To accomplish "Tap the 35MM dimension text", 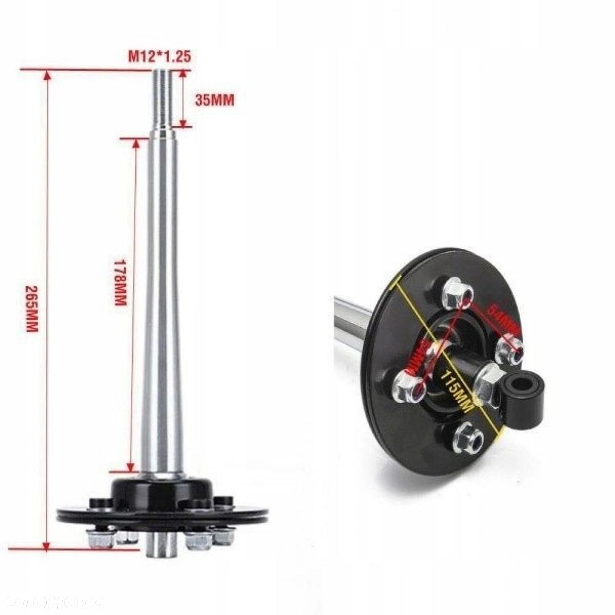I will coord(214,100).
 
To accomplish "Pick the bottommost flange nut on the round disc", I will coord(468,438).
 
